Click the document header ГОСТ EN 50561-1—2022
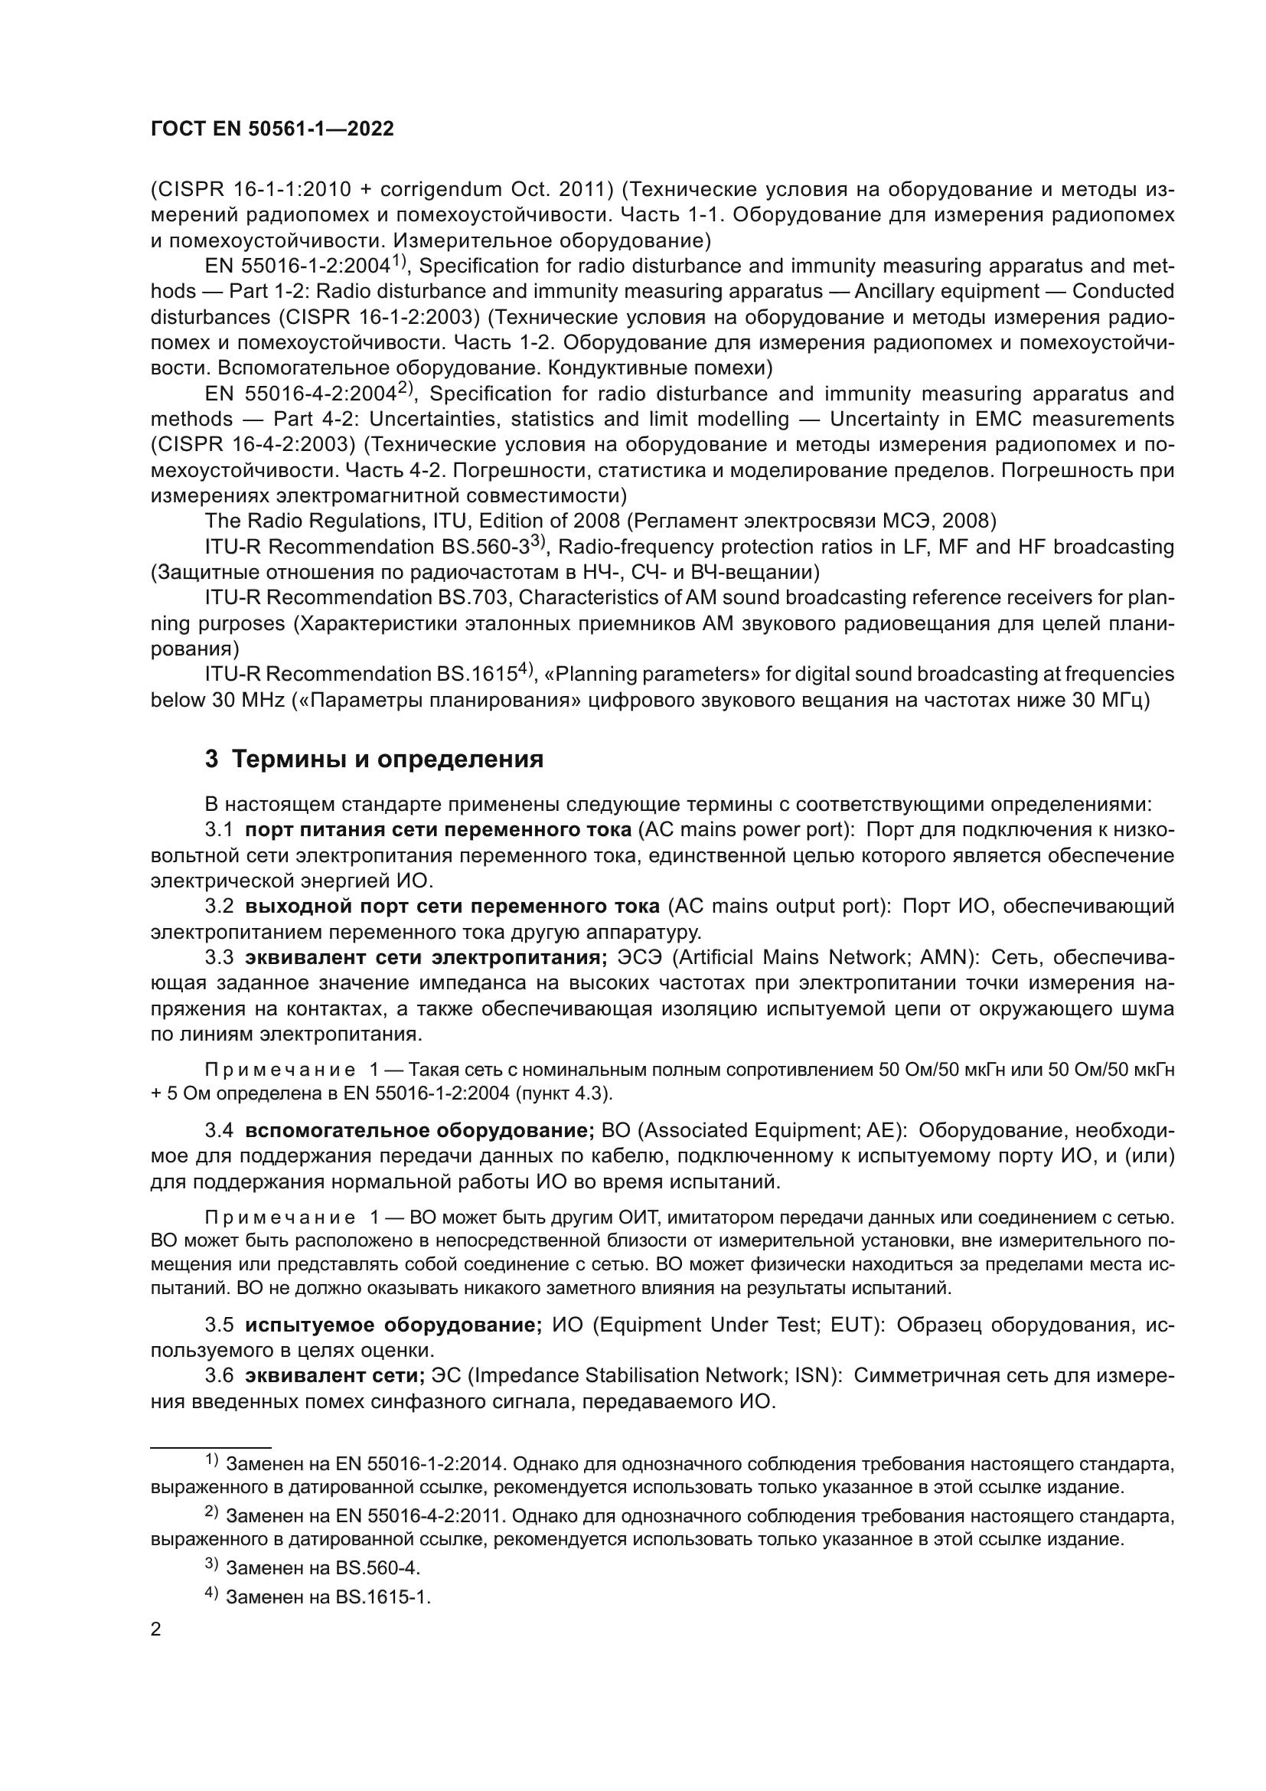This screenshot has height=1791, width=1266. tap(272, 129)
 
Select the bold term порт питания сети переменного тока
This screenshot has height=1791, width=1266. tap(437, 829)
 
